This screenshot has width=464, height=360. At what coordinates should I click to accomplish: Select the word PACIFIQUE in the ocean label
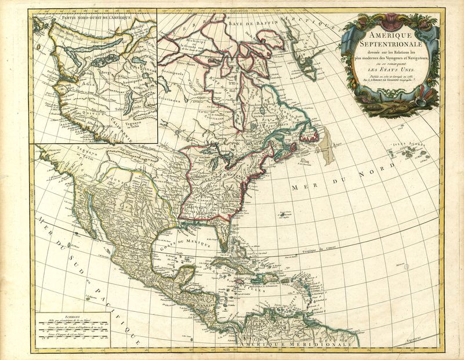(x=114, y=310)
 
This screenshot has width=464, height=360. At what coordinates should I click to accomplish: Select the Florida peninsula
(x=225, y=238)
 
